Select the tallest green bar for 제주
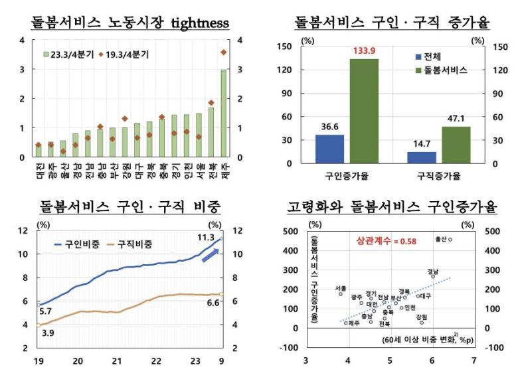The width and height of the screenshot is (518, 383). coord(223,114)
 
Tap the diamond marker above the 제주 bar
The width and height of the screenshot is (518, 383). coord(223,52)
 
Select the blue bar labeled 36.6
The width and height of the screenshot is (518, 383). coord(329,149)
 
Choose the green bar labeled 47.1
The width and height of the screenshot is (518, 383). coord(456,145)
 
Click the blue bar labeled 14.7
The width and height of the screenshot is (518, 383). coord(422,157)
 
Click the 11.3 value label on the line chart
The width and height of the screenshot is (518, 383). coord(202,236)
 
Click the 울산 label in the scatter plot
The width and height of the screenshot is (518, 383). coord(441,239)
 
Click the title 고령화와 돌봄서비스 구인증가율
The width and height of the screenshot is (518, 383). coord(391,208)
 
